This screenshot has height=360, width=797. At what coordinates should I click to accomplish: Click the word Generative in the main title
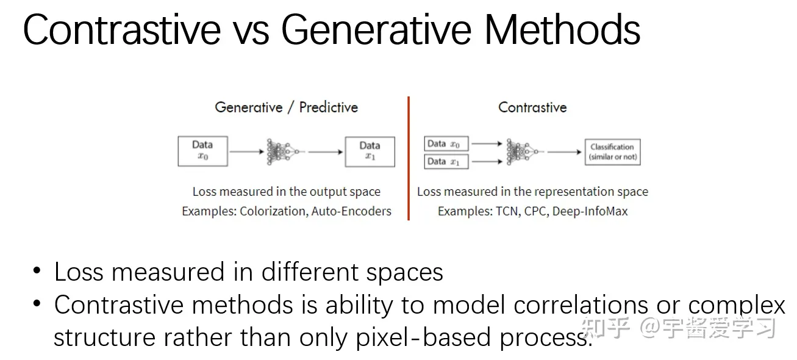pos(376,30)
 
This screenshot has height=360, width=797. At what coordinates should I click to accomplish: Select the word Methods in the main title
pos(562,30)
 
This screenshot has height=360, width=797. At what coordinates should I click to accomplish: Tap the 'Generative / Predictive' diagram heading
pos(287,107)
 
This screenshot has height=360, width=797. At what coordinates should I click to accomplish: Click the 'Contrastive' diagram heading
pos(532,107)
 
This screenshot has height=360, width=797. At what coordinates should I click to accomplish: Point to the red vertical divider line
pos(409,158)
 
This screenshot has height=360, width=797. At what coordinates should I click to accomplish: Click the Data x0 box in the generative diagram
pos(203,151)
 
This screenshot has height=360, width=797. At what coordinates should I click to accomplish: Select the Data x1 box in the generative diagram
pos(370,151)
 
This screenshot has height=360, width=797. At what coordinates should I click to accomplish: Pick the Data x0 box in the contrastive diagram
pos(446,143)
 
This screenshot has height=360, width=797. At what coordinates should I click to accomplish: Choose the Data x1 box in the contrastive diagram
pos(446,162)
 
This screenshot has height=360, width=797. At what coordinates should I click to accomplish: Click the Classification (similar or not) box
pos(613,152)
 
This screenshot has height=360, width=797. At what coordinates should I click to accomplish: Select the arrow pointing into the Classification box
pos(564,152)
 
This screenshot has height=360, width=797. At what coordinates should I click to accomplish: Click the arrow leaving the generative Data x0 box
pos(246,152)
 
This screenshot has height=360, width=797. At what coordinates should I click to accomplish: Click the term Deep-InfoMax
pos(590,211)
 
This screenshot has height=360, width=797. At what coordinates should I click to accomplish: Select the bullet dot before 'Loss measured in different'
pos(37,270)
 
